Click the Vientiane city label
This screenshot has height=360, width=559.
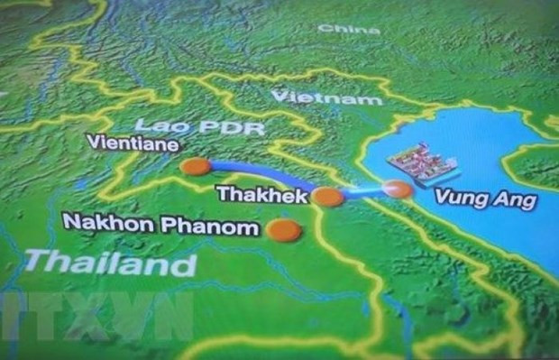click(131, 143)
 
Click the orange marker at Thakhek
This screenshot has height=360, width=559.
click(328, 197)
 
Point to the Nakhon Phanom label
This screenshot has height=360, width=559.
click(161, 226)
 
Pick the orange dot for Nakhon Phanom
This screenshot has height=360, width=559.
click(286, 230)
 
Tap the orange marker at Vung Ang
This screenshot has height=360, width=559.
click(397, 188)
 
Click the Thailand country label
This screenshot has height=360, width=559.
click(111, 263)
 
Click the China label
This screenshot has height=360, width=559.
click(348, 29)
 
